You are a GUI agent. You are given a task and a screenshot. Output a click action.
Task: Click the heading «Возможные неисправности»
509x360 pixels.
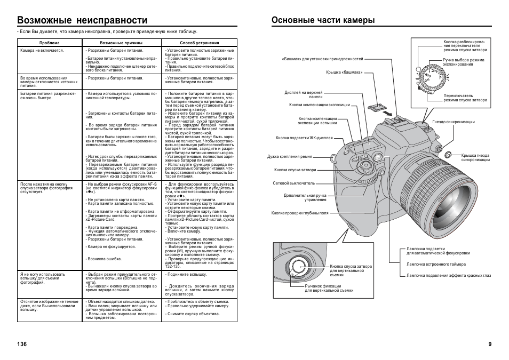pos(82,20)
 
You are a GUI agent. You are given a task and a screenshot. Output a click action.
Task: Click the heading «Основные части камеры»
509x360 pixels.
pos(323,20)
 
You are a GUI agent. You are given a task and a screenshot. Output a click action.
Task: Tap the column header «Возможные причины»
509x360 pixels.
pos(121,43)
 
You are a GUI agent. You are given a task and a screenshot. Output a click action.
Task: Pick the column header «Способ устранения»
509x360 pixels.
pos(199,43)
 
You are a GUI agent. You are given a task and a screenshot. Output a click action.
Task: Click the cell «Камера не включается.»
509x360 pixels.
pos(42,51)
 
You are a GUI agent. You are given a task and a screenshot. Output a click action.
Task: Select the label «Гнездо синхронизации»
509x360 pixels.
pos(453,122)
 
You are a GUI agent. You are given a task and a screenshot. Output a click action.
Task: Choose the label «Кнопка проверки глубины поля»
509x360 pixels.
pos(300,213)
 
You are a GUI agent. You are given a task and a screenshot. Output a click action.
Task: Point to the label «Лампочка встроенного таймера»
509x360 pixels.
pos(436,264)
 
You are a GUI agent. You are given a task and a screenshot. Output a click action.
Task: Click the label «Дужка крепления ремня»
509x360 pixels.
pos(290,157)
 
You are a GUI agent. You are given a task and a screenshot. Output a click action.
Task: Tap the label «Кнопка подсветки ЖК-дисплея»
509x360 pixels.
pos(304,138)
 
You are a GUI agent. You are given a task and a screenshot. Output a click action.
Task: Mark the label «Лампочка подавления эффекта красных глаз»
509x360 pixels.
pos(449,275)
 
